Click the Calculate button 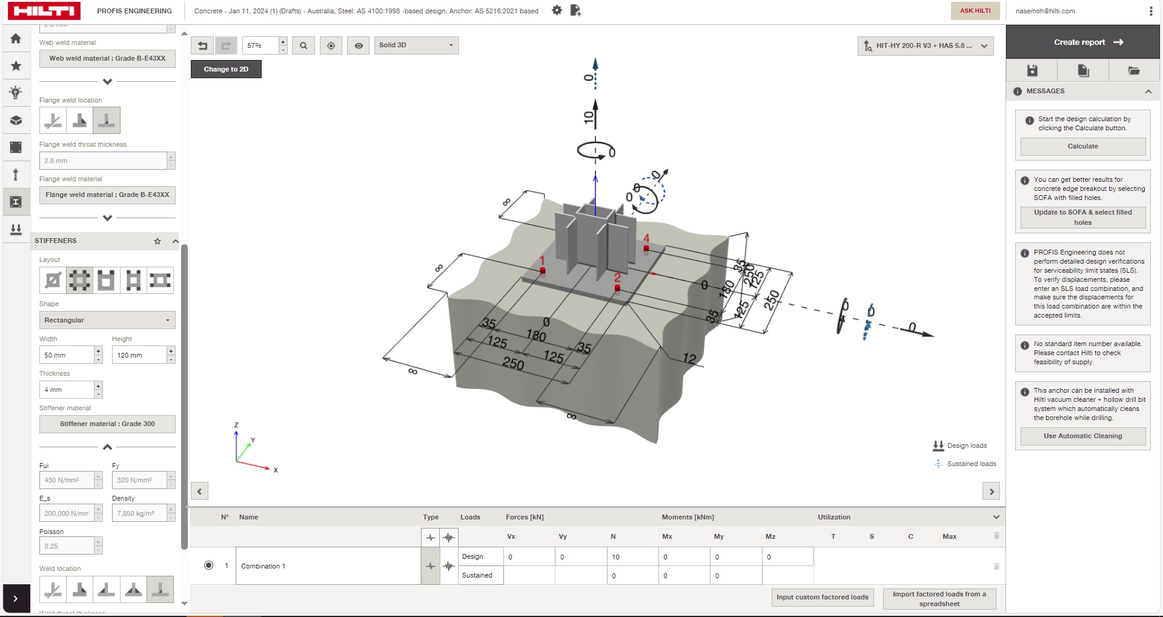(x=1082, y=146)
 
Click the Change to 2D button (x=226, y=69)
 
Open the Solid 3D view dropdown (x=416, y=45)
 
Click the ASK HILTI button (x=975, y=11)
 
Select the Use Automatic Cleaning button (x=1082, y=436)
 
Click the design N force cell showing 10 (x=632, y=557)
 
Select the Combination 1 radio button (x=208, y=565)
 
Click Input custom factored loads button (x=822, y=597)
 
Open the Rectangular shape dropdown (x=107, y=320)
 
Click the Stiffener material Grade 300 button (x=107, y=424)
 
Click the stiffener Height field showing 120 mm (x=139, y=355)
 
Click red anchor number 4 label (x=646, y=239)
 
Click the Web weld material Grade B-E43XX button (x=107, y=58)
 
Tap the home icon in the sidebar (x=16, y=39)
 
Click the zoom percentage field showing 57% (x=260, y=45)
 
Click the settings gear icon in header (x=557, y=10)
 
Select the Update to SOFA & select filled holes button (x=1082, y=217)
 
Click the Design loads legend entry (x=967, y=445)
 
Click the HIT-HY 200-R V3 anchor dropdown (x=925, y=45)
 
